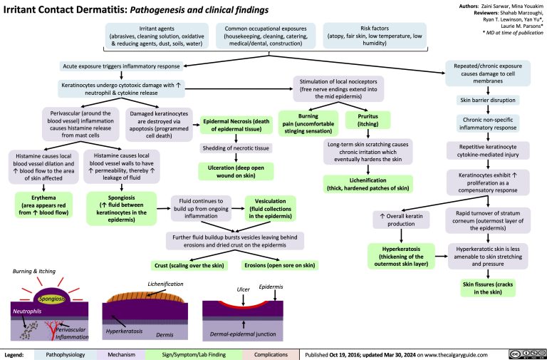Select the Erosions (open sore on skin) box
click(280, 266)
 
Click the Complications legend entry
click(266, 352)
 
